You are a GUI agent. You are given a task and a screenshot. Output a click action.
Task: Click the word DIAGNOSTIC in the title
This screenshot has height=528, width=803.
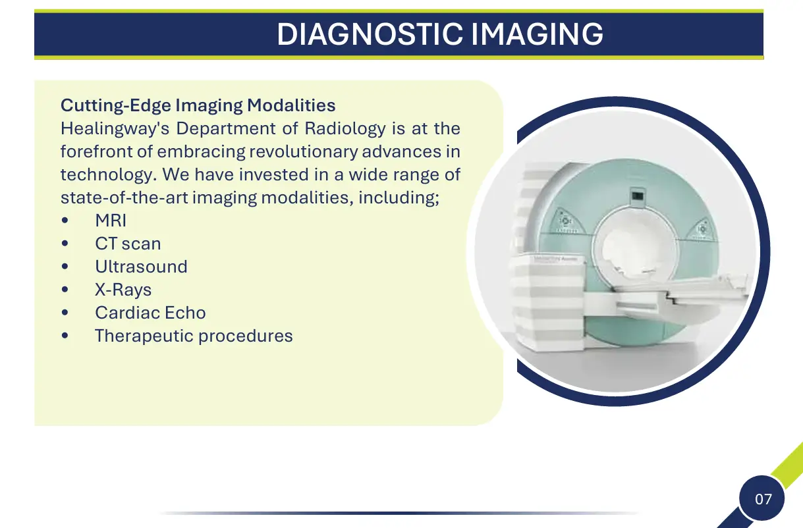tap(370, 34)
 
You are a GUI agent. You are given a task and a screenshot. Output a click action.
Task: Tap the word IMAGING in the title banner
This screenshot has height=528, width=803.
tap(537, 34)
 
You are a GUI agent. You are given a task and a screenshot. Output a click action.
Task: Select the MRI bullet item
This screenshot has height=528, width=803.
tap(111, 221)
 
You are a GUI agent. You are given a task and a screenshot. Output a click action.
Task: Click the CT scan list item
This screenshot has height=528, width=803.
tap(128, 244)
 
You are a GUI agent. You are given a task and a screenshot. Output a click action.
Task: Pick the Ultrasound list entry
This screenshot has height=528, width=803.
tap(141, 267)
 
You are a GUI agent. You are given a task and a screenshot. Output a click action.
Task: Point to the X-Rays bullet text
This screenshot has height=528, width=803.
tap(123, 290)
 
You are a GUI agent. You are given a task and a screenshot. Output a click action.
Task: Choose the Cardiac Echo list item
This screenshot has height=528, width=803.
tap(151, 313)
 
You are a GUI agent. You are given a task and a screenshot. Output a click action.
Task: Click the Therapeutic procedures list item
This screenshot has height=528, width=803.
tap(194, 336)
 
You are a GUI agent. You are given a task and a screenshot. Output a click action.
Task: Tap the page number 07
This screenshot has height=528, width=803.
tap(763, 499)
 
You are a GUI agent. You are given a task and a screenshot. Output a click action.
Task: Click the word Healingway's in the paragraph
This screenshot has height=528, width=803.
tap(115, 128)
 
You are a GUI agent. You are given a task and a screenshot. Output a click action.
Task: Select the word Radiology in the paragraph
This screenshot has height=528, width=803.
tap(345, 128)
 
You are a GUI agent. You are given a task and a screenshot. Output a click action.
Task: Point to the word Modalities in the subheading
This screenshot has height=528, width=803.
tap(291, 105)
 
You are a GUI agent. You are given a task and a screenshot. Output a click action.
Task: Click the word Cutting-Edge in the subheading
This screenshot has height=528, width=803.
tap(116, 106)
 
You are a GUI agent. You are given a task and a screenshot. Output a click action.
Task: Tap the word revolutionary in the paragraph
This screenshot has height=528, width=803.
tap(304, 151)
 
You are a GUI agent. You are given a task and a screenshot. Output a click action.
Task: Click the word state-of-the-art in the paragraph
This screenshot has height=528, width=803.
tap(124, 198)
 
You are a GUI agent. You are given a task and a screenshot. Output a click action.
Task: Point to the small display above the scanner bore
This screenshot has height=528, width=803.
tap(638, 196)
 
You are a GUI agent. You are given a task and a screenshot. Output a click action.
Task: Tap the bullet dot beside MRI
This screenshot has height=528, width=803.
tap(65, 220)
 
